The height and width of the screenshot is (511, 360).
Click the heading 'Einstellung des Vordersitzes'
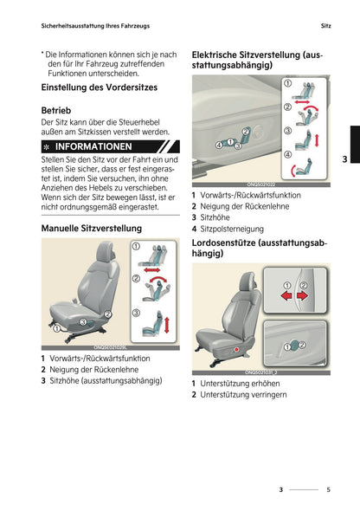tap(101, 87)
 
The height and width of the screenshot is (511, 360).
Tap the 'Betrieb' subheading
tap(56, 111)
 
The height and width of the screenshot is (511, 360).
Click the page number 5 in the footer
tap(328, 489)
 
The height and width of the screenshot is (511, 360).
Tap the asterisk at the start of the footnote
tap(42, 54)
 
